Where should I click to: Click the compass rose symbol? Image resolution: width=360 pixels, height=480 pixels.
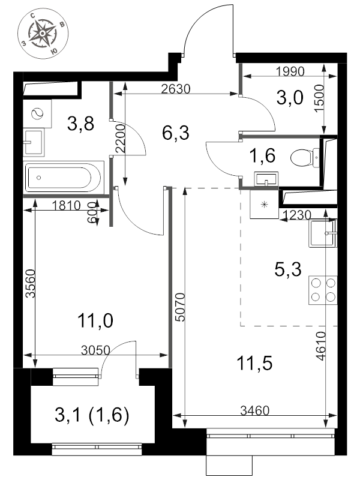[x=43, y=34]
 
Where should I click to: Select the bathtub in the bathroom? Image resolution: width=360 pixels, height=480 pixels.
[x=64, y=178]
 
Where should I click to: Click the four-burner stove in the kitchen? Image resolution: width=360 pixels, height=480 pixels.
[x=323, y=290]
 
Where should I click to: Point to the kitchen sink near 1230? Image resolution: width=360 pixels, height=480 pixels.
[x=323, y=233]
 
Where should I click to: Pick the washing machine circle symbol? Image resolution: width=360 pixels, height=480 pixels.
[x=38, y=114]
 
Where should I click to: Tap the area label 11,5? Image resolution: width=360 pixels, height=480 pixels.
[x=254, y=364]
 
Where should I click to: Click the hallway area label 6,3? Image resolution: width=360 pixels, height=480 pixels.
[x=175, y=133]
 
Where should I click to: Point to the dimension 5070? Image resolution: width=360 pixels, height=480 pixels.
[x=181, y=307]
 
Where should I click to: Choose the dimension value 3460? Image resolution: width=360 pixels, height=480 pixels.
[x=254, y=410]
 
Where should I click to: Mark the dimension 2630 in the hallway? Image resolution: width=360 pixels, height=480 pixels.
[x=176, y=89]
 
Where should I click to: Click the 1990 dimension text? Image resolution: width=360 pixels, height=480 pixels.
[x=290, y=71]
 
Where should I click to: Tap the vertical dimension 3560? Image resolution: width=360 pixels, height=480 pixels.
[x=31, y=283]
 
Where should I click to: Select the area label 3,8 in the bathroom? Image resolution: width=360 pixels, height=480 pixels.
[x=80, y=124]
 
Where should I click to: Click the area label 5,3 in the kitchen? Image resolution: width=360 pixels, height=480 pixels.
[x=288, y=269]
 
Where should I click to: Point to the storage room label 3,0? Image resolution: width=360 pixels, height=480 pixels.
[x=290, y=98]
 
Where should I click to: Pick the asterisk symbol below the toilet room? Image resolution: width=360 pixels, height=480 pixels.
[x=264, y=205]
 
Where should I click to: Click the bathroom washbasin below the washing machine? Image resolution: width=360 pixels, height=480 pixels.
[x=34, y=142]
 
